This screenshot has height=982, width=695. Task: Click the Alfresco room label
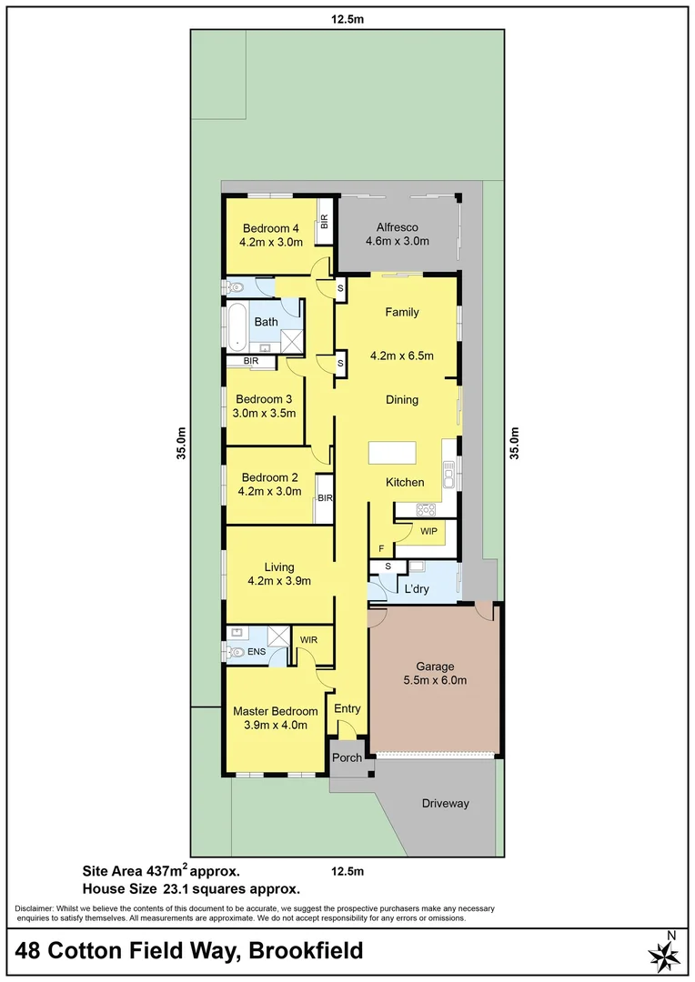(x=397, y=227)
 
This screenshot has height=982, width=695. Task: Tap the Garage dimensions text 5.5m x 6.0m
(x=435, y=680)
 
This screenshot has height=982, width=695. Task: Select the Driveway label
(x=446, y=804)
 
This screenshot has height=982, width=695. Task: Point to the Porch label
(x=347, y=757)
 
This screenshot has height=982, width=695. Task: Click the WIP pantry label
(x=428, y=531)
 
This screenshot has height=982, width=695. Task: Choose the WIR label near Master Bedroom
(x=309, y=640)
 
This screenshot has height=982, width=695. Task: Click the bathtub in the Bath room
(x=237, y=326)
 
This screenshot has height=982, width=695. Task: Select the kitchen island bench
(x=391, y=453)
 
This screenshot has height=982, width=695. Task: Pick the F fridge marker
(x=381, y=548)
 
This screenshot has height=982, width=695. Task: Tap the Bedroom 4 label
(x=270, y=228)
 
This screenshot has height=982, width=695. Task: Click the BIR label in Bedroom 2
(x=325, y=498)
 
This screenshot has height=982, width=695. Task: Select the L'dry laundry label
(x=416, y=589)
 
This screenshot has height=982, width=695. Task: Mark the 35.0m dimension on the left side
(x=182, y=443)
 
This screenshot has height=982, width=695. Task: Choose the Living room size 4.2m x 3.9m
(x=279, y=581)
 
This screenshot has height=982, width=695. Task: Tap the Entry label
(x=347, y=709)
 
